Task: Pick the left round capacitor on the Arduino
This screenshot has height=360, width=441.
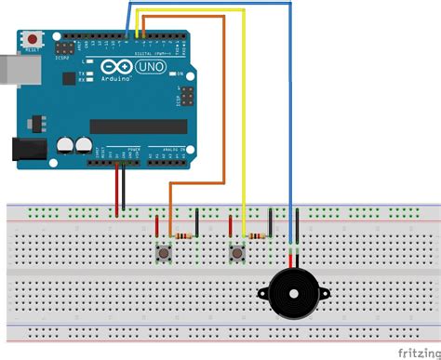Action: pos(65,144)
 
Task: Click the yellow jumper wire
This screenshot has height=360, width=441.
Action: pos(245,112)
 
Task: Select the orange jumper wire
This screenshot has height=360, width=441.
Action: pos(223,112)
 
